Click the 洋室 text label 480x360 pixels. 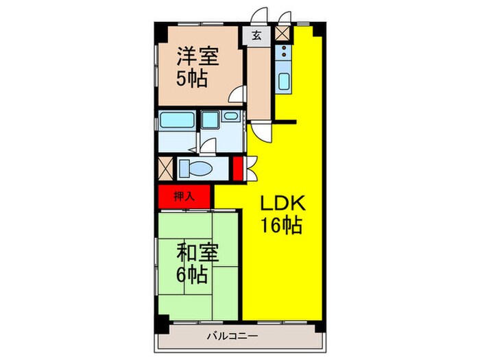(195, 55)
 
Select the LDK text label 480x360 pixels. (281, 204)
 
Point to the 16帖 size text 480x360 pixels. (281, 226)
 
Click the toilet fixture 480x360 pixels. (197, 168)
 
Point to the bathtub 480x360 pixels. (177, 121)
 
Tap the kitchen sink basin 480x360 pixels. (284, 82)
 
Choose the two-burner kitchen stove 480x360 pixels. (283, 52)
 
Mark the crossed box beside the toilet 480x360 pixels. (165, 168)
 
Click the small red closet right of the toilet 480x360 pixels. (237, 168)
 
